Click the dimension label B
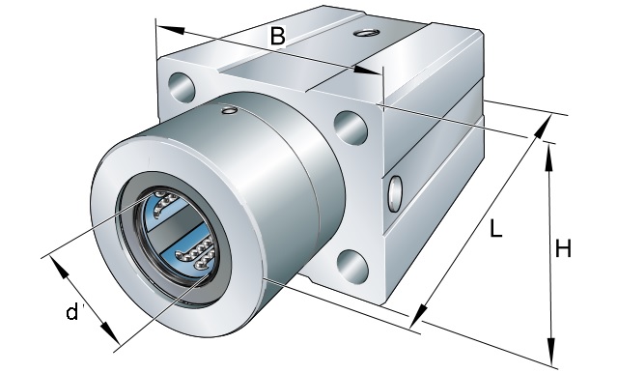point(277,36)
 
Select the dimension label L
point(495,228)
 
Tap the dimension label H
point(563,248)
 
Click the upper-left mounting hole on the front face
point(182,88)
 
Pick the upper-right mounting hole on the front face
point(351,128)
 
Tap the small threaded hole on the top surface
point(367,33)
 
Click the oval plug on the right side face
point(395,193)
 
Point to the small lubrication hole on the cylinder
point(229,110)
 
